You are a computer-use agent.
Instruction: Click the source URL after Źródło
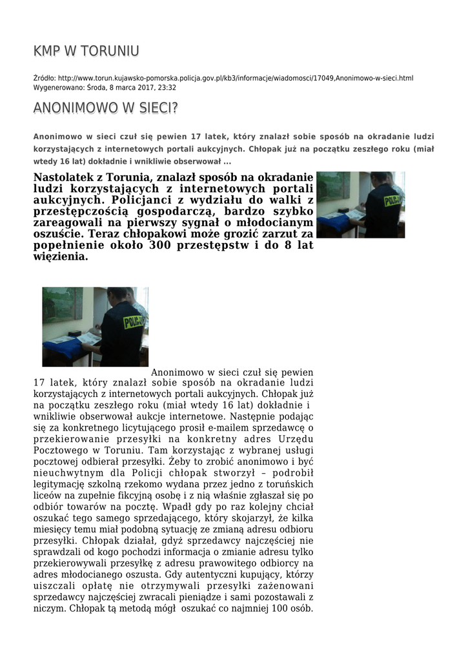(235, 78)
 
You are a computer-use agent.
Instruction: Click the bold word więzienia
(60, 257)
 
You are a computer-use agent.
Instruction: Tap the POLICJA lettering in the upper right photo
(392, 201)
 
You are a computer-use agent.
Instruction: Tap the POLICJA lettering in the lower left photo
(134, 321)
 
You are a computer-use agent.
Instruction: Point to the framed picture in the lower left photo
(63, 305)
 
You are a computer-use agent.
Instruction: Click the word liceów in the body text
(47, 496)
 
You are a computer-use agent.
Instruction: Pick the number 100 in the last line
(275, 608)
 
